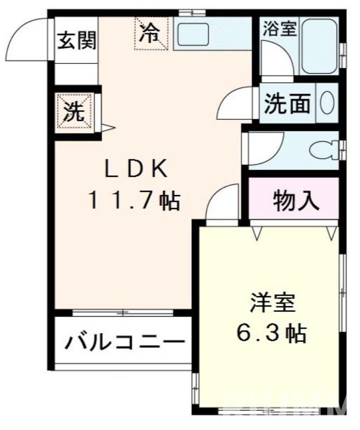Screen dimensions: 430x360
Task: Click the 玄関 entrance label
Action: (77, 40)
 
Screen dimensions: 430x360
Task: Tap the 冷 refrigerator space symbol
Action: (150, 33)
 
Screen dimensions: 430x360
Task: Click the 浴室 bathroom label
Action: (279, 30)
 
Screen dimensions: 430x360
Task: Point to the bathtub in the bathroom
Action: (320, 46)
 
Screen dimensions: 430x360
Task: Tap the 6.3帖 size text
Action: (272, 333)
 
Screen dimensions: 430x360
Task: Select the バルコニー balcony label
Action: (121, 342)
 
